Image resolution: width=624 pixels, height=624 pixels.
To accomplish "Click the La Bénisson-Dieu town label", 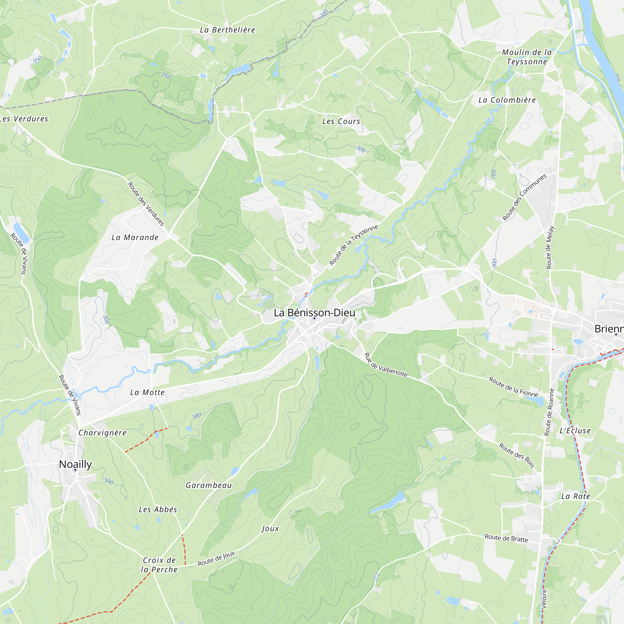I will pos(314,313).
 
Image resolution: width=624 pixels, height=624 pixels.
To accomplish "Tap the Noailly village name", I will pos(75,464).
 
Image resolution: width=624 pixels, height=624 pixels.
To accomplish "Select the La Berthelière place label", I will pos(227,30).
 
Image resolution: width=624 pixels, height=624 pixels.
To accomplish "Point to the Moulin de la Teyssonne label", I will pos(527,57).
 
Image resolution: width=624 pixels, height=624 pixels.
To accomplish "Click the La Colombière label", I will pos(507,100).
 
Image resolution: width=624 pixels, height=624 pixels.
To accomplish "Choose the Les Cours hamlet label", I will pos(341,121).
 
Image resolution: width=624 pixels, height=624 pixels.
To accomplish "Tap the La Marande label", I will pos(135,238).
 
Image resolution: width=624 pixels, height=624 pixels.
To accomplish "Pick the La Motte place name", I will pos(147,392).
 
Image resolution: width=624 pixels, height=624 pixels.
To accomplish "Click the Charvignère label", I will pos(102,433).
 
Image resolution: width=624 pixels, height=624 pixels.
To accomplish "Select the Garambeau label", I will pos(209,485).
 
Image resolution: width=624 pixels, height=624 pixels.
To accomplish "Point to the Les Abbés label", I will pos(158,509).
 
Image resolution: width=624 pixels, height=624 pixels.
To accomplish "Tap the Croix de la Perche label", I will pos(159,565).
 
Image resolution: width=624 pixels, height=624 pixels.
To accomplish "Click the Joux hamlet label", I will pos(270,529).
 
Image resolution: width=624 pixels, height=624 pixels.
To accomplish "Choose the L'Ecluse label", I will pos(575,431).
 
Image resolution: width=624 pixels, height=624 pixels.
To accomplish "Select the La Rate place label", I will pos(576,496).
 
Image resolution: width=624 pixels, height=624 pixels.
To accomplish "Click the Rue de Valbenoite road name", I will pos(386,365).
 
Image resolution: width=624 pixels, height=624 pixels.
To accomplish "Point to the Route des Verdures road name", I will pos(146,204).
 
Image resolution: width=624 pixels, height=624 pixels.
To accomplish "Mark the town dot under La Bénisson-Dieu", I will pos(314,319).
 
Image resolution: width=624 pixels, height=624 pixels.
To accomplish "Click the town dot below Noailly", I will pos(75,470).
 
